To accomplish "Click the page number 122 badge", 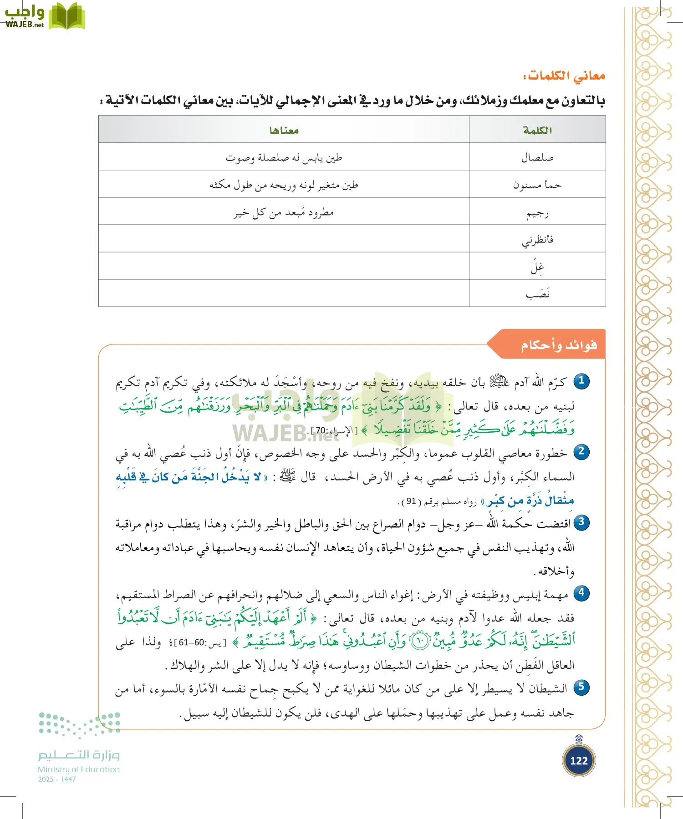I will [579, 760].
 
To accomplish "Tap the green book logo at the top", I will [67, 16].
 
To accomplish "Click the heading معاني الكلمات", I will [565, 76].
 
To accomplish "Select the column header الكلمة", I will [537, 130].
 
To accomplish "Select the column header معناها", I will [284, 130].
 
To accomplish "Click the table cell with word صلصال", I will [537, 157].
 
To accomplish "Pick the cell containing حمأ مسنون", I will [537, 185].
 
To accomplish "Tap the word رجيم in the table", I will [537, 212].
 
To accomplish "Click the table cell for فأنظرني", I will [537, 239].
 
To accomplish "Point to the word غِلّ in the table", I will [537, 267].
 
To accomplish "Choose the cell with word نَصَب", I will [537, 294].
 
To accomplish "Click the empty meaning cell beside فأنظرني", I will [284, 239].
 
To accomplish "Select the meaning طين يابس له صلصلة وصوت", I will [284, 157].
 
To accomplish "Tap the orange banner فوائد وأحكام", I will [558, 345].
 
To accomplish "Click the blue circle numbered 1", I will [581, 381].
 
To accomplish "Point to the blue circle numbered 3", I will [581, 522].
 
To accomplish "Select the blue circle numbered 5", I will [581, 687].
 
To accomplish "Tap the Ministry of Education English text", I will [79, 769].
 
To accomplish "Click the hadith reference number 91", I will [411, 501].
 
